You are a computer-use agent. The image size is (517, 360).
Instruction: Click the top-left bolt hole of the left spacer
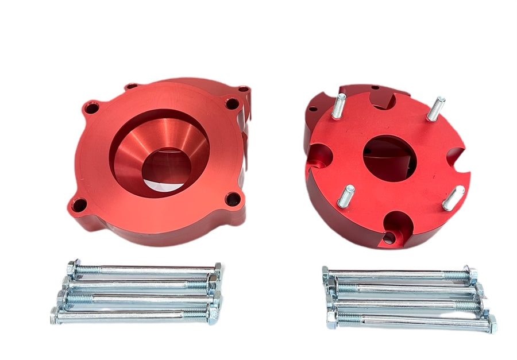click(x=90, y=107)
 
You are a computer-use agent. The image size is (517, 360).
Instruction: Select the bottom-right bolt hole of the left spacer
click(x=232, y=200)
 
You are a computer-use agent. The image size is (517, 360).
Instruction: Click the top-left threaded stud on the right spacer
click(x=338, y=106)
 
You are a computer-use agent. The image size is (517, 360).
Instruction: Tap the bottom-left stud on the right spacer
click(x=346, y=196)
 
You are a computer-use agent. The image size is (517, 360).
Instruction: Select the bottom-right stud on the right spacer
click(x=454, y=198)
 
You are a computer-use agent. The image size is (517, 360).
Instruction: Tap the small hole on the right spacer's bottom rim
click(x=389, y=237)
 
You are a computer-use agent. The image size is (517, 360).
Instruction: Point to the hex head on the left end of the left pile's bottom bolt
click(x=55, y=314)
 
